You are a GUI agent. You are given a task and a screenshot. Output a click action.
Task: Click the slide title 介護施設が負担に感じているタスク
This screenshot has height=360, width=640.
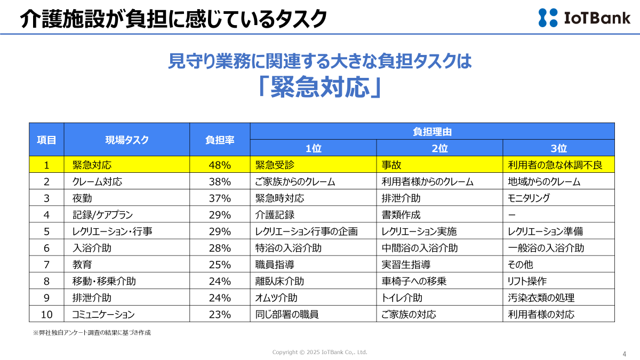pyautogui.click(x=173, y=19)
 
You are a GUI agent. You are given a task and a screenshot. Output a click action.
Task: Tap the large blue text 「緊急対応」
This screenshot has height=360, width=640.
pyautogui.click(x=319, y=87)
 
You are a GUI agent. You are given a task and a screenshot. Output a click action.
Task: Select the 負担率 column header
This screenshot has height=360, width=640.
pyautogui.click(x=220, y=140)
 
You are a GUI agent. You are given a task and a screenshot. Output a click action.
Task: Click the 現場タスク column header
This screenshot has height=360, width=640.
pyautogui.click(x=127, y=140)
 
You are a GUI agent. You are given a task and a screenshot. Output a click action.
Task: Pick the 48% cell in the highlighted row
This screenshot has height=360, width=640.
pyautogui.click(x=220, y=165)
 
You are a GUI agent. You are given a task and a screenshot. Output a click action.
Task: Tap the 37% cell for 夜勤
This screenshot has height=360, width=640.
pyautogui.click(x=220, y=198)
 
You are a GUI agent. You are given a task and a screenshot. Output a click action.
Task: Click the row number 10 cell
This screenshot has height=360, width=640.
pyautogui.click(x=46, y=314)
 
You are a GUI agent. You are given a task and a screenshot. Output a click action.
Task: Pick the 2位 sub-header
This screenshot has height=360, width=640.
pyautogui.click(x=439, y=149)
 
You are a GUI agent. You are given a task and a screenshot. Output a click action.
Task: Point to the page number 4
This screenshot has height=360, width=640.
pyautogui.click(x=624, y=354)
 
